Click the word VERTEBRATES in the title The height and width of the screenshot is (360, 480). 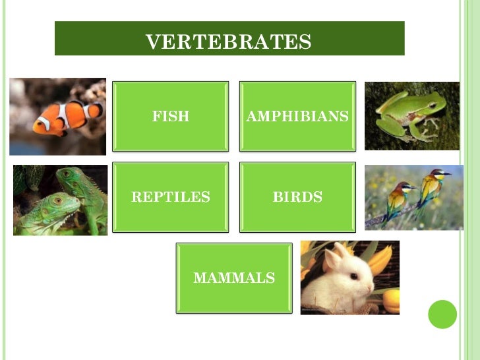click(x=228, y=42)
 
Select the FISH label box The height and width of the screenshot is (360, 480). click(x=171, y=117)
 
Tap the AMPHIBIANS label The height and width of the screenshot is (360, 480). click(x=297, y=117)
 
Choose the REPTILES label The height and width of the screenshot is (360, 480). click(x=171, y=197)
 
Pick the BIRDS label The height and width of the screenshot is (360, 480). click(x=297, y=197)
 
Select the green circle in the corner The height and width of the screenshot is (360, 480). click(x=442, y=314)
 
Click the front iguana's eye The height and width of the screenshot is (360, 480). click(x=58, y=200)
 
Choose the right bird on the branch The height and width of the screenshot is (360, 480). click(x=431, y=185)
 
